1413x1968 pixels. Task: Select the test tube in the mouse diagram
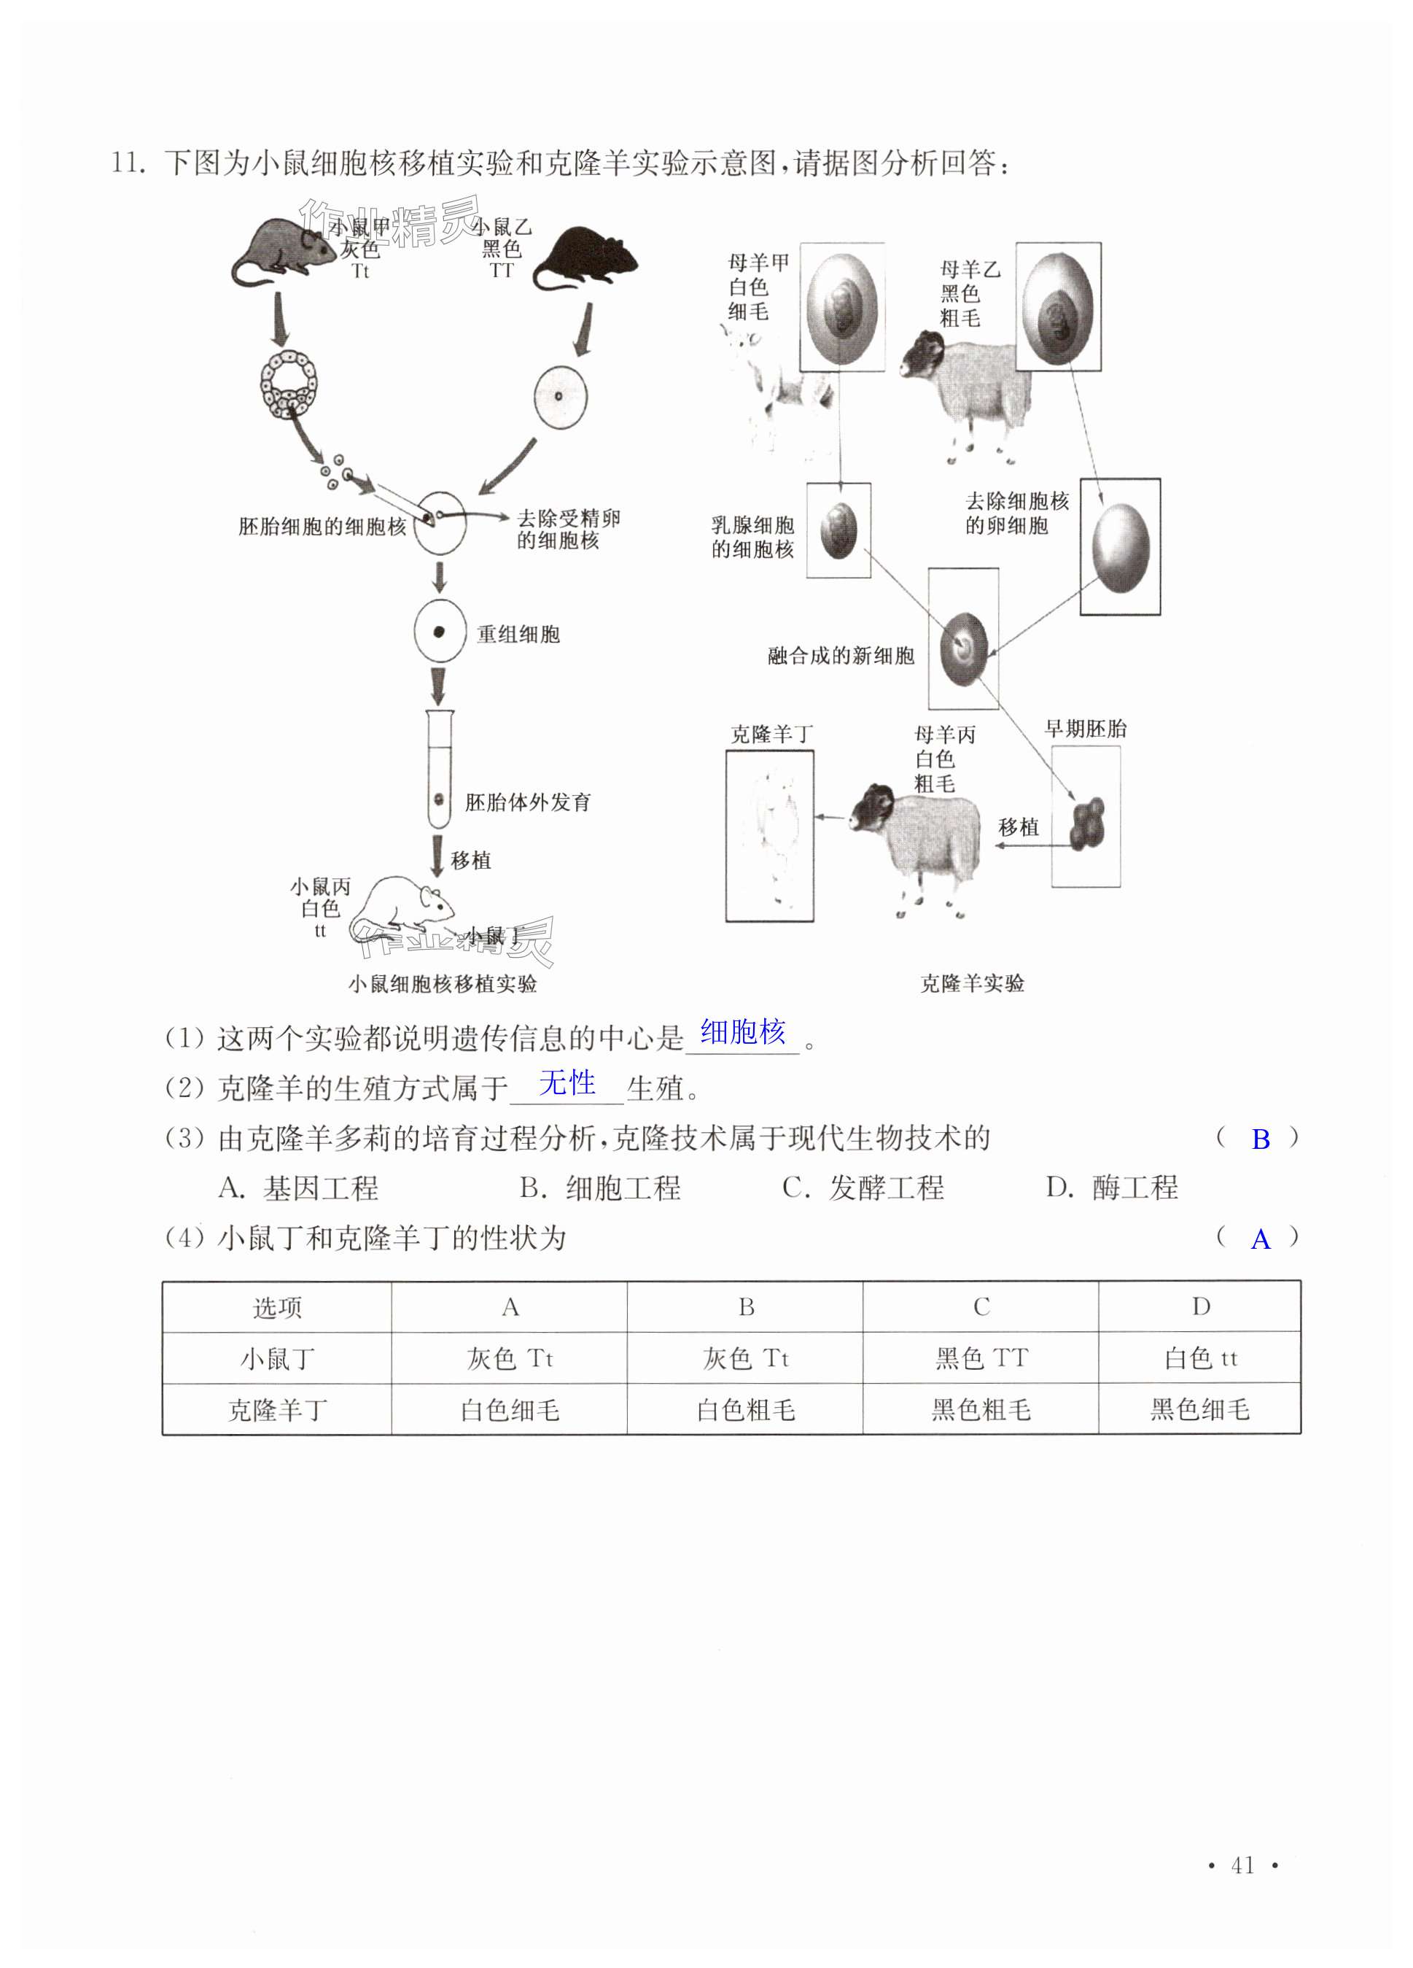point(440,768)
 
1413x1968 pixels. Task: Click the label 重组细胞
point(518,635)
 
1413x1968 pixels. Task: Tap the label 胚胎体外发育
point(527,802)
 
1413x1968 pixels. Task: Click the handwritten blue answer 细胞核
point(742,1033)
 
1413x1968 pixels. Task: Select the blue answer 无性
point(567,1083)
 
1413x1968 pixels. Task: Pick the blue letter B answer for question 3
point(1261,1139)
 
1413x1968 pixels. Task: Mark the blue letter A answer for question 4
point(1261,1239)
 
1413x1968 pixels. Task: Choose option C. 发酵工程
point(863,1188)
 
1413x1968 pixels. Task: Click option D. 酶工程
point(1112,1188)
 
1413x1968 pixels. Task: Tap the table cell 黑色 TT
point(981,1358)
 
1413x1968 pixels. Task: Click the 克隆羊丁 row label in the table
point(277,1410)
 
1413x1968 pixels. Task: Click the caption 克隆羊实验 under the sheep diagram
point(971,983)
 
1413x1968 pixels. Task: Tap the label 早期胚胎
point(1085,729)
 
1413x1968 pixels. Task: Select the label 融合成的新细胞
point(841,656)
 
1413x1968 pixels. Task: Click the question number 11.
point(127,163)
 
